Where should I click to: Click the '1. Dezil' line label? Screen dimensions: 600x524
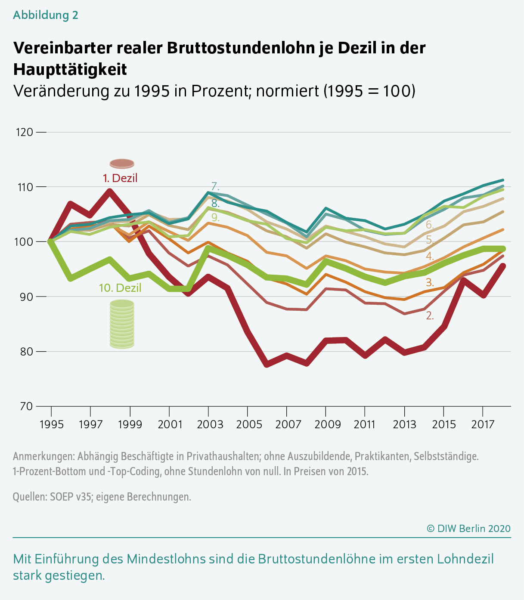120,178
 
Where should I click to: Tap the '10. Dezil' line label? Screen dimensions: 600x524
120,288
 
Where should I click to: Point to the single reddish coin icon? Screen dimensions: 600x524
122,164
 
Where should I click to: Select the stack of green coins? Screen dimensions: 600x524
122,324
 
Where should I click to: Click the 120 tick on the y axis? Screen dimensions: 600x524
24,132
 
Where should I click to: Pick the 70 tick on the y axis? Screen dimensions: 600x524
24,406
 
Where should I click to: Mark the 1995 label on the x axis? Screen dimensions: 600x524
52,424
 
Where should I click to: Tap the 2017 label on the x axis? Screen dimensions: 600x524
483,424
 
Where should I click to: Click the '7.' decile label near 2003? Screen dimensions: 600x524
215,187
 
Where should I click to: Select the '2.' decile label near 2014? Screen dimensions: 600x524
430,315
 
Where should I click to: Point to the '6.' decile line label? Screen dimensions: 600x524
430,225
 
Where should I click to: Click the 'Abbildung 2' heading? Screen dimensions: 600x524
46,15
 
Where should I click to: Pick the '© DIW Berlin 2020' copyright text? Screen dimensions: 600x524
468,528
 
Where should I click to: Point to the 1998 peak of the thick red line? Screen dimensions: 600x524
110,191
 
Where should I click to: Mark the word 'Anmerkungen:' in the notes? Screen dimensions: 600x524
43,456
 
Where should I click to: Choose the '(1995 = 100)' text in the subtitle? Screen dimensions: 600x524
369,91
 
